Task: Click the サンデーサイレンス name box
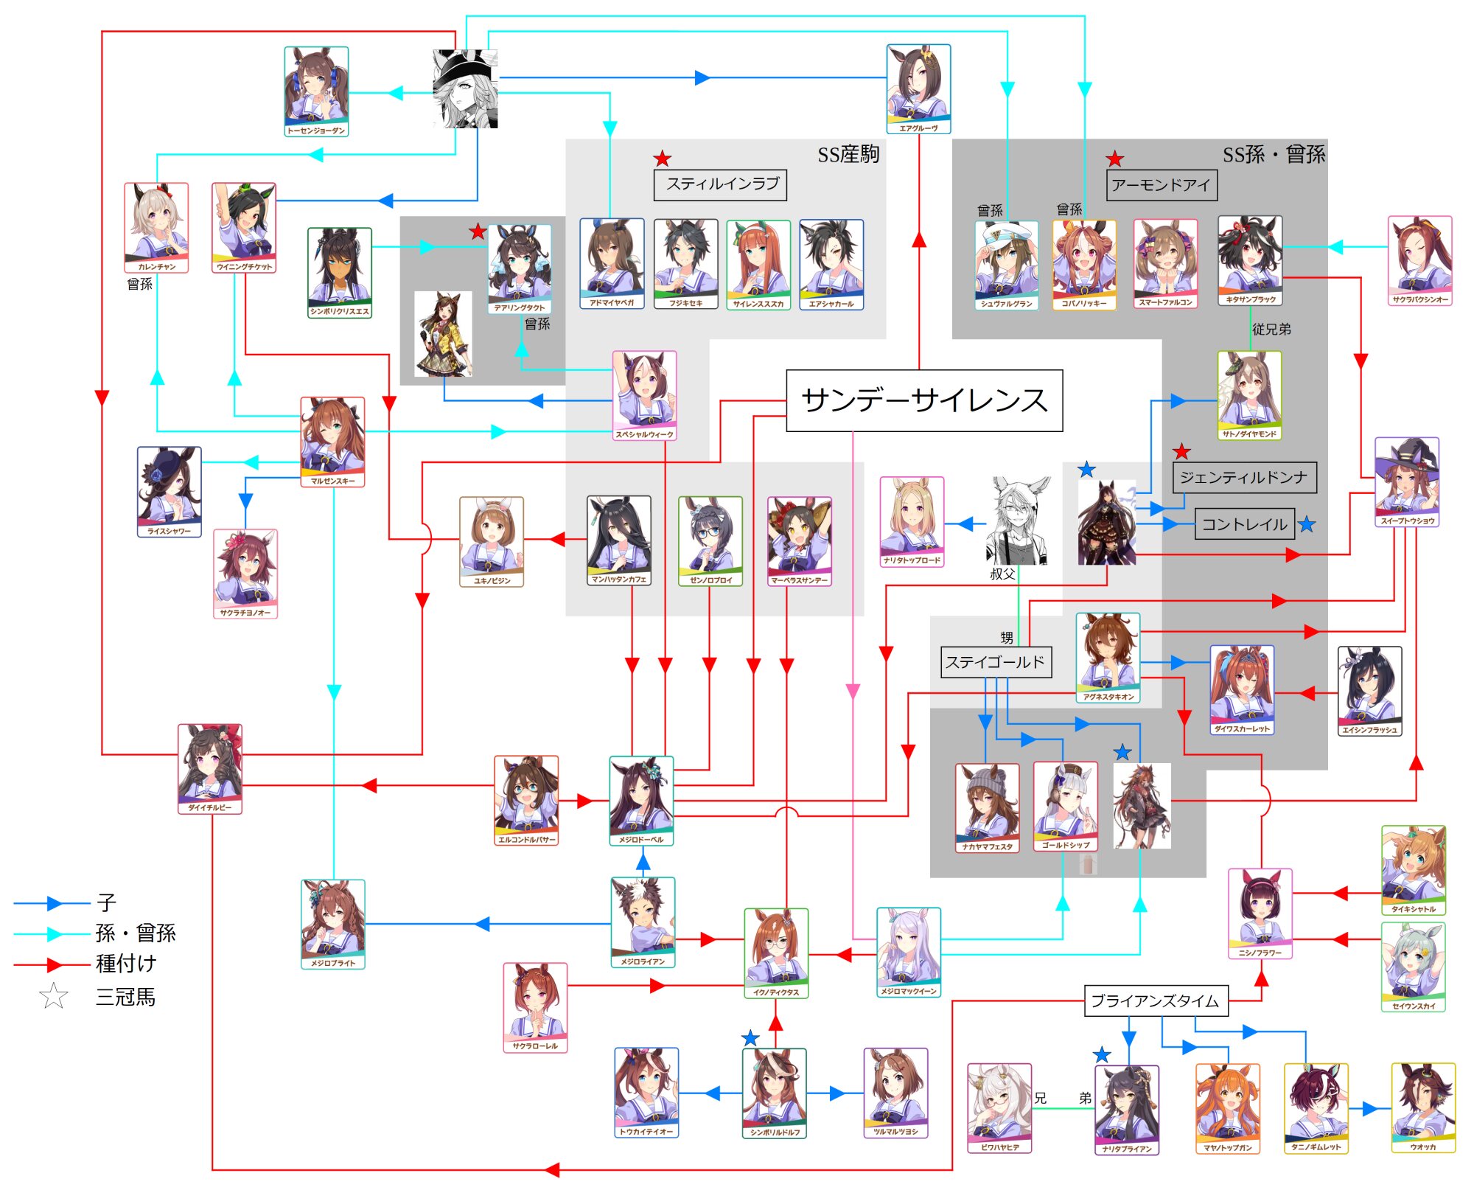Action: (924, 400)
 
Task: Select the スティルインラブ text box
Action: (720, 184)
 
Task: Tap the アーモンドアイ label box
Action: (1161, 185)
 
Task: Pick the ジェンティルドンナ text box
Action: (1243, 478)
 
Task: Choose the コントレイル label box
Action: (1244, 524)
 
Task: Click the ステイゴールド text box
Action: (995, 662)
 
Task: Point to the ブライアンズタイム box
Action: (1155, 1001)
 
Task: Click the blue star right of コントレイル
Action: (1307, 525)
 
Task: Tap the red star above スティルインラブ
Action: (663, 159)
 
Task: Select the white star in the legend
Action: (54, 997)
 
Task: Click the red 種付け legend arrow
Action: (52, 964)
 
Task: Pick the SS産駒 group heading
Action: (848, 155)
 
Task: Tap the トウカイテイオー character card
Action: (646, 1092)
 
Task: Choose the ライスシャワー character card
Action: (169, 491)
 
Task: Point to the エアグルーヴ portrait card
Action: (918, 89)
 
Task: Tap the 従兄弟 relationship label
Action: (1271, 330)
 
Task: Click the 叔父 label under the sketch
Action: (1002, 574)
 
